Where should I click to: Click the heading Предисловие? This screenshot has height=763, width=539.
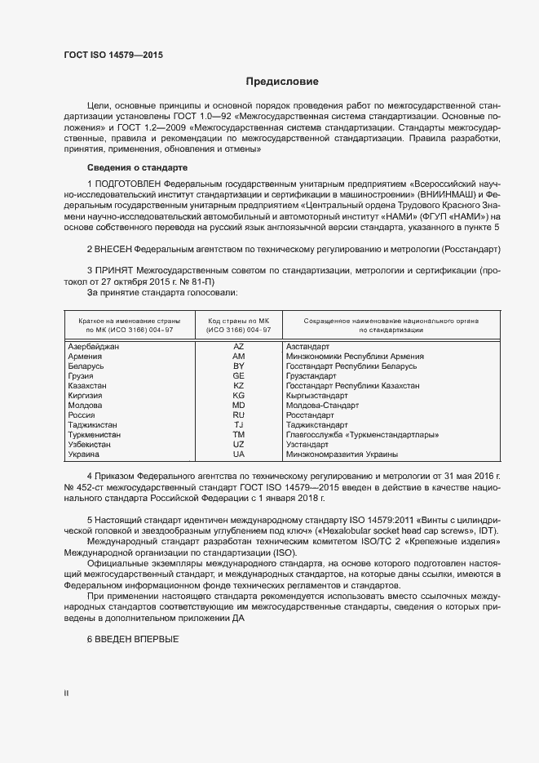pos(282,82)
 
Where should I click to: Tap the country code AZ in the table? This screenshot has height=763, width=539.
pos(239,347)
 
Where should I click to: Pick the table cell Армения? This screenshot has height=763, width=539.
pos(85,357)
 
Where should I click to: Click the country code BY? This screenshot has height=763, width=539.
pos(239,366)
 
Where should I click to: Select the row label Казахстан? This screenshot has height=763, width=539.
pos(89,386)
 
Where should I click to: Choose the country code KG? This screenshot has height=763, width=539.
pos(239,395)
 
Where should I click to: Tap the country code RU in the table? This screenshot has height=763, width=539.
pos(239,415)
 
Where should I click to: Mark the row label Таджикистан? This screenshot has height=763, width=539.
pos(92,424)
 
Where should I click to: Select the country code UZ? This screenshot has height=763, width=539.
pos(239,444)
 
